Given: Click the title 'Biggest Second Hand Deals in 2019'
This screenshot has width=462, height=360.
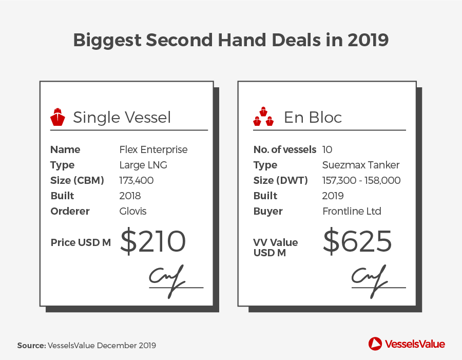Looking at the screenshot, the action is coord(230,41).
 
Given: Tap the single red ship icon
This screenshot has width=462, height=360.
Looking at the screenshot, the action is coord(57,117).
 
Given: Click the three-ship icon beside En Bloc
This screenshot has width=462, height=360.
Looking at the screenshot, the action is coord(263,117).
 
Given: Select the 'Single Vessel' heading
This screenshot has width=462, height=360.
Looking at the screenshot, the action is coord(122,117).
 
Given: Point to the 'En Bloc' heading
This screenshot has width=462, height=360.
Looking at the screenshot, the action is coord(313,117).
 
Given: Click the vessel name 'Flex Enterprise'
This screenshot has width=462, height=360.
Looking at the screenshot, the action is coord(153,149).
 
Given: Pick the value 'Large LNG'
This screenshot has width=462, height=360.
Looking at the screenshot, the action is coord(143,165).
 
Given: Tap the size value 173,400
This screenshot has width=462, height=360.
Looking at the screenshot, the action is coord(137,180).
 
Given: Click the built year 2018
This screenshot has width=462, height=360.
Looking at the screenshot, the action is coord(130,196).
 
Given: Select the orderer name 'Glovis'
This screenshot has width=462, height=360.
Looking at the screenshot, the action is coord(133,211).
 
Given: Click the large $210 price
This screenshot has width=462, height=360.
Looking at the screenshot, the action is coord(153,241).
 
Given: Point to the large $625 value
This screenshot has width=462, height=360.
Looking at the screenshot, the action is coord(357,241).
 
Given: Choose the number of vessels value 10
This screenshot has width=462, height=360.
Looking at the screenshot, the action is coord(327,149).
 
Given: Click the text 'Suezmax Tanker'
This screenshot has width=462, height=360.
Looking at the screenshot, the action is coord(361,165).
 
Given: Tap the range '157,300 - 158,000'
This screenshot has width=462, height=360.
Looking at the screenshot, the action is coord(361,180).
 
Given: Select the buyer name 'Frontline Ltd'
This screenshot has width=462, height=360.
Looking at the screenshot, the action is coord(352,211).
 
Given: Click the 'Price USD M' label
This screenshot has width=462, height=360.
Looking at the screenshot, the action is coord(81,242).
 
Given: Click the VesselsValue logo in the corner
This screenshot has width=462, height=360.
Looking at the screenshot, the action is coord(407,344).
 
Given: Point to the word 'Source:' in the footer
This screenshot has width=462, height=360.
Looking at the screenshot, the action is coord(31,345).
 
